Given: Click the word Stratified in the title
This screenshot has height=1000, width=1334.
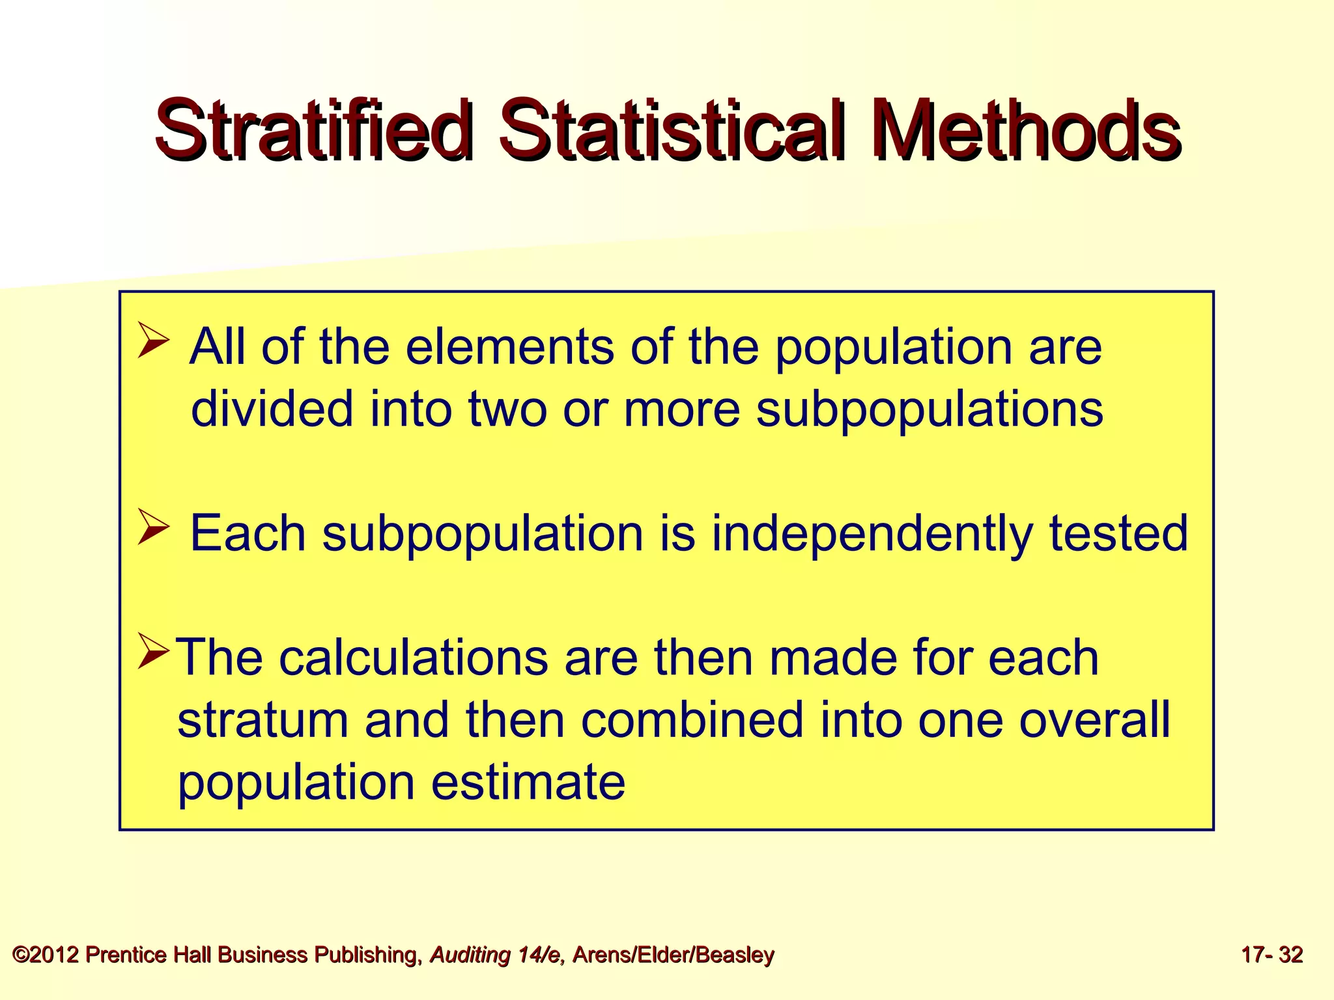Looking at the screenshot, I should (313, 130).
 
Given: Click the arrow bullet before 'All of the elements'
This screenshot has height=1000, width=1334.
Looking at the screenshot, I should (154, 342).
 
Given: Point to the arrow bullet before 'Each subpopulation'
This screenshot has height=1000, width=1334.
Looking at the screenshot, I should (154, 529).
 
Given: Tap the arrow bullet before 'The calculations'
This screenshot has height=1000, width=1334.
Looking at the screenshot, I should (154, 654).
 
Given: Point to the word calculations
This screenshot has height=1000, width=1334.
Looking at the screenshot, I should (414, 658).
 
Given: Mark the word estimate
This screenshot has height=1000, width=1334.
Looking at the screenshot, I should (528, 782).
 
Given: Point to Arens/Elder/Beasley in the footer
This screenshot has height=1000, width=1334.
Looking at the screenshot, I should (674, 955).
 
